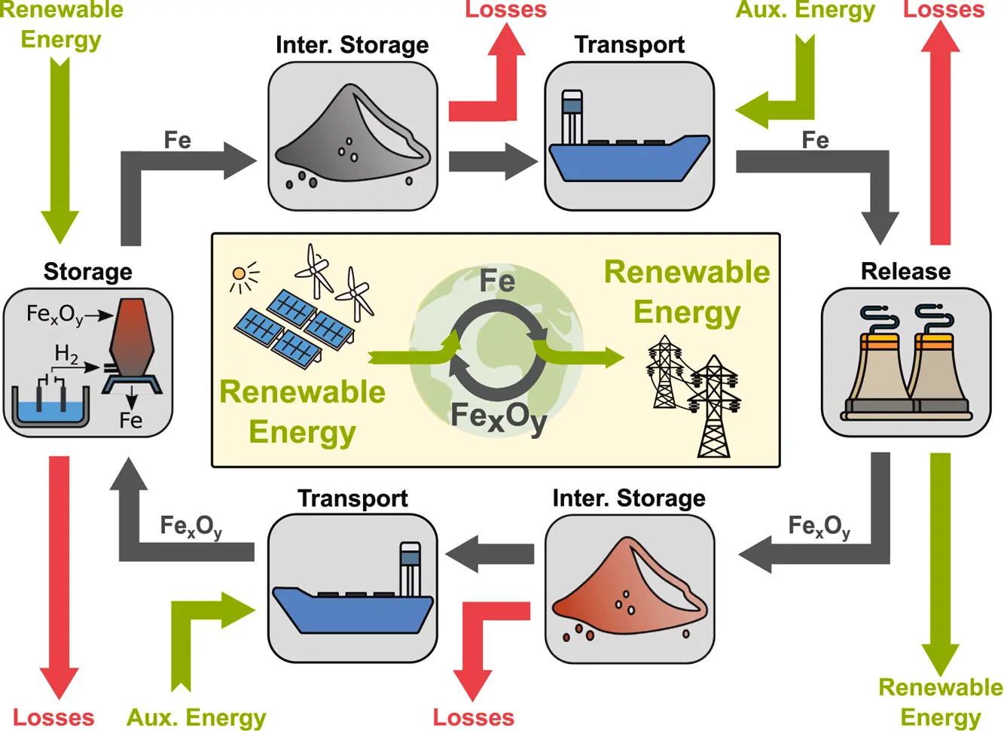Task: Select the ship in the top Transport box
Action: [629, 151]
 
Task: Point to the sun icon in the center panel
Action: [241, 276]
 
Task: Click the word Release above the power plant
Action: [905, 271]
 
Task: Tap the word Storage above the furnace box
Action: [87, 271]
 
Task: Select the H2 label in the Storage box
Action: [66, 354]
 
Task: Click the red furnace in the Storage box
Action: [131, 339]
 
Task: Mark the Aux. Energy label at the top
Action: [804, 11]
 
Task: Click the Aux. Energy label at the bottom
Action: [196, 717]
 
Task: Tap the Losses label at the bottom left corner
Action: [53, 717]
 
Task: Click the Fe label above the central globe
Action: [497, 282]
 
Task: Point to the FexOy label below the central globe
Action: [498, 416]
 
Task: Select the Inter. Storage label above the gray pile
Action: [352, 45]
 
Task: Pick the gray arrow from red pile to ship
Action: [490, 555]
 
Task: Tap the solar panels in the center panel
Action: [294, 327]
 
